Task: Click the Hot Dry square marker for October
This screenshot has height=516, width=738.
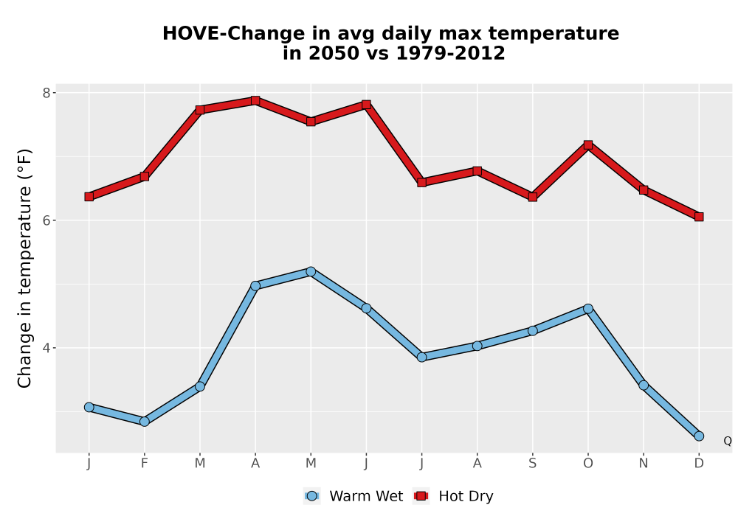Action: tap(588, 144)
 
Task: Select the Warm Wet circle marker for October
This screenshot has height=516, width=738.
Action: tap(588, 308)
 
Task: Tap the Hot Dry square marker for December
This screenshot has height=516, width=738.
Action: tap(699, 217)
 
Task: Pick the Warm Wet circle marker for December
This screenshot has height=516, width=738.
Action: tap(699, 436)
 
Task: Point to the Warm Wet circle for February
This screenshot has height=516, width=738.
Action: tap(145, 422)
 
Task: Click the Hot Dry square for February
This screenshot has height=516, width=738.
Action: tap(145, 176)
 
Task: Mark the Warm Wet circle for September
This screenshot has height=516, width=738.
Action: tap(532, 331)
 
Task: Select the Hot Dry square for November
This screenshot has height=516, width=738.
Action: tap(644, 190)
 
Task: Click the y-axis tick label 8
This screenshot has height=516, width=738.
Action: tap(46, 93)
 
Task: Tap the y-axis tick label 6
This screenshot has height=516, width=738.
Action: tap(46, 220)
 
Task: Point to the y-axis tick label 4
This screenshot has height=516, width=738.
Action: tap(46, 348)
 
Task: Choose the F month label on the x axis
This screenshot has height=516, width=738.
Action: tap(145, 464)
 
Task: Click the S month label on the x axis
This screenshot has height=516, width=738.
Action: tap(532, 464)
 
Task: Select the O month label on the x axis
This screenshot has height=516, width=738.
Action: tap(588, 464)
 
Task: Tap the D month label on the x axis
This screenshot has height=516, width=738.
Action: tap(699, 464)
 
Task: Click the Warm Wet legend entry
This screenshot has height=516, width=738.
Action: tap(354, 496)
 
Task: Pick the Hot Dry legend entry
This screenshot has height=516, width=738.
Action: tap(453, 496)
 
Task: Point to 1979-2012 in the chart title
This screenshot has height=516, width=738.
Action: tap(450, 53)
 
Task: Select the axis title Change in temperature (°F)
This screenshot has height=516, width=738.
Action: tap(24, 268)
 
